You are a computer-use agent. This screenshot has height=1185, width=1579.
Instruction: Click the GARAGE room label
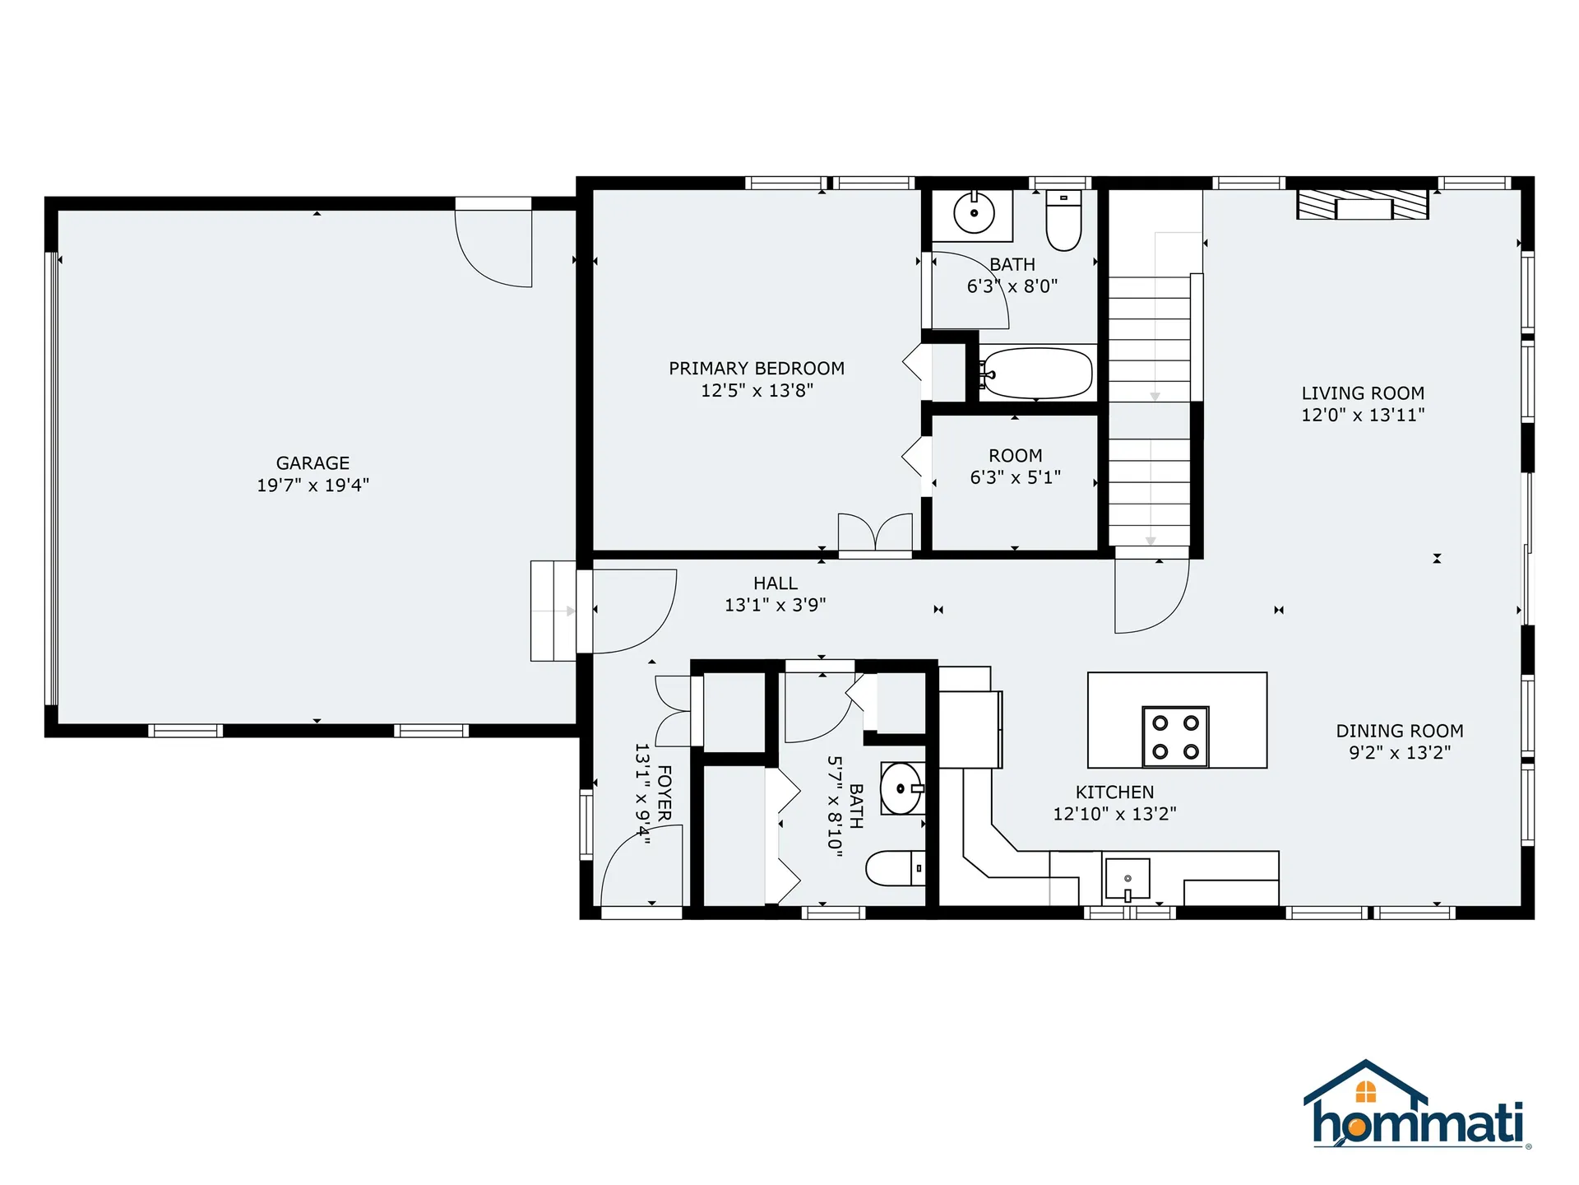(313, 463)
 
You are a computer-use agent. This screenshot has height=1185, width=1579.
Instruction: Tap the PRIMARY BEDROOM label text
(757, 369)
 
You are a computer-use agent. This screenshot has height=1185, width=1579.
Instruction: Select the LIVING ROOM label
(1363, 393)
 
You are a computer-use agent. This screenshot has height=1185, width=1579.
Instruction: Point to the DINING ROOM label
(1400, 731)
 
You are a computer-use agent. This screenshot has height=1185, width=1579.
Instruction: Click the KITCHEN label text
(1114, 792)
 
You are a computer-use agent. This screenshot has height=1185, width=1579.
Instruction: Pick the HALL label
(776, 583)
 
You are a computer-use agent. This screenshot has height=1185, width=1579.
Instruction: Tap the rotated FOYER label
(664, 793)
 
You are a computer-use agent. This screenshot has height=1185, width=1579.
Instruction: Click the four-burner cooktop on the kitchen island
(1175, 737)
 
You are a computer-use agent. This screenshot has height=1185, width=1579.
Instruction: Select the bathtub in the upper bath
(1036, 374)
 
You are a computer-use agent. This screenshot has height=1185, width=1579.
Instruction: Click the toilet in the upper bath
(1063, 220)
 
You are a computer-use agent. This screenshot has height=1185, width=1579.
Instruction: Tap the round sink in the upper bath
(974, 213)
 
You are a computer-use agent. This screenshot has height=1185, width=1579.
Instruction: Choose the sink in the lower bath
(902, 788)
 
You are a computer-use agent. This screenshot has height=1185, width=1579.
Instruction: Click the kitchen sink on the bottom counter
(1127, 879)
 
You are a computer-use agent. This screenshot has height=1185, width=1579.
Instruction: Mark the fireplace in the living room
(1363, 204)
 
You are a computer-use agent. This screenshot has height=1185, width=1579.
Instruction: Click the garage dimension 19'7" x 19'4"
(313, 486)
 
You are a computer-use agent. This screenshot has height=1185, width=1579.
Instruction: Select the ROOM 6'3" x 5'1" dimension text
(1016, 477)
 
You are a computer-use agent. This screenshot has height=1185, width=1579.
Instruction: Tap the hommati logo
(1417, 1104)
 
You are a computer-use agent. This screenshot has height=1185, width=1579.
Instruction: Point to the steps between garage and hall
(553, 611)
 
